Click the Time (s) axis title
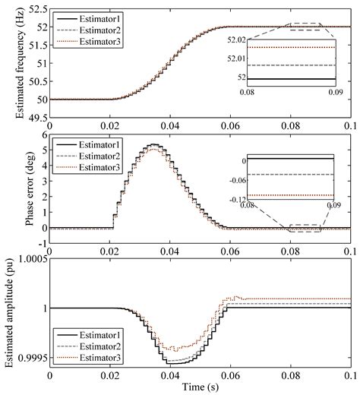[x=201, y=388]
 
